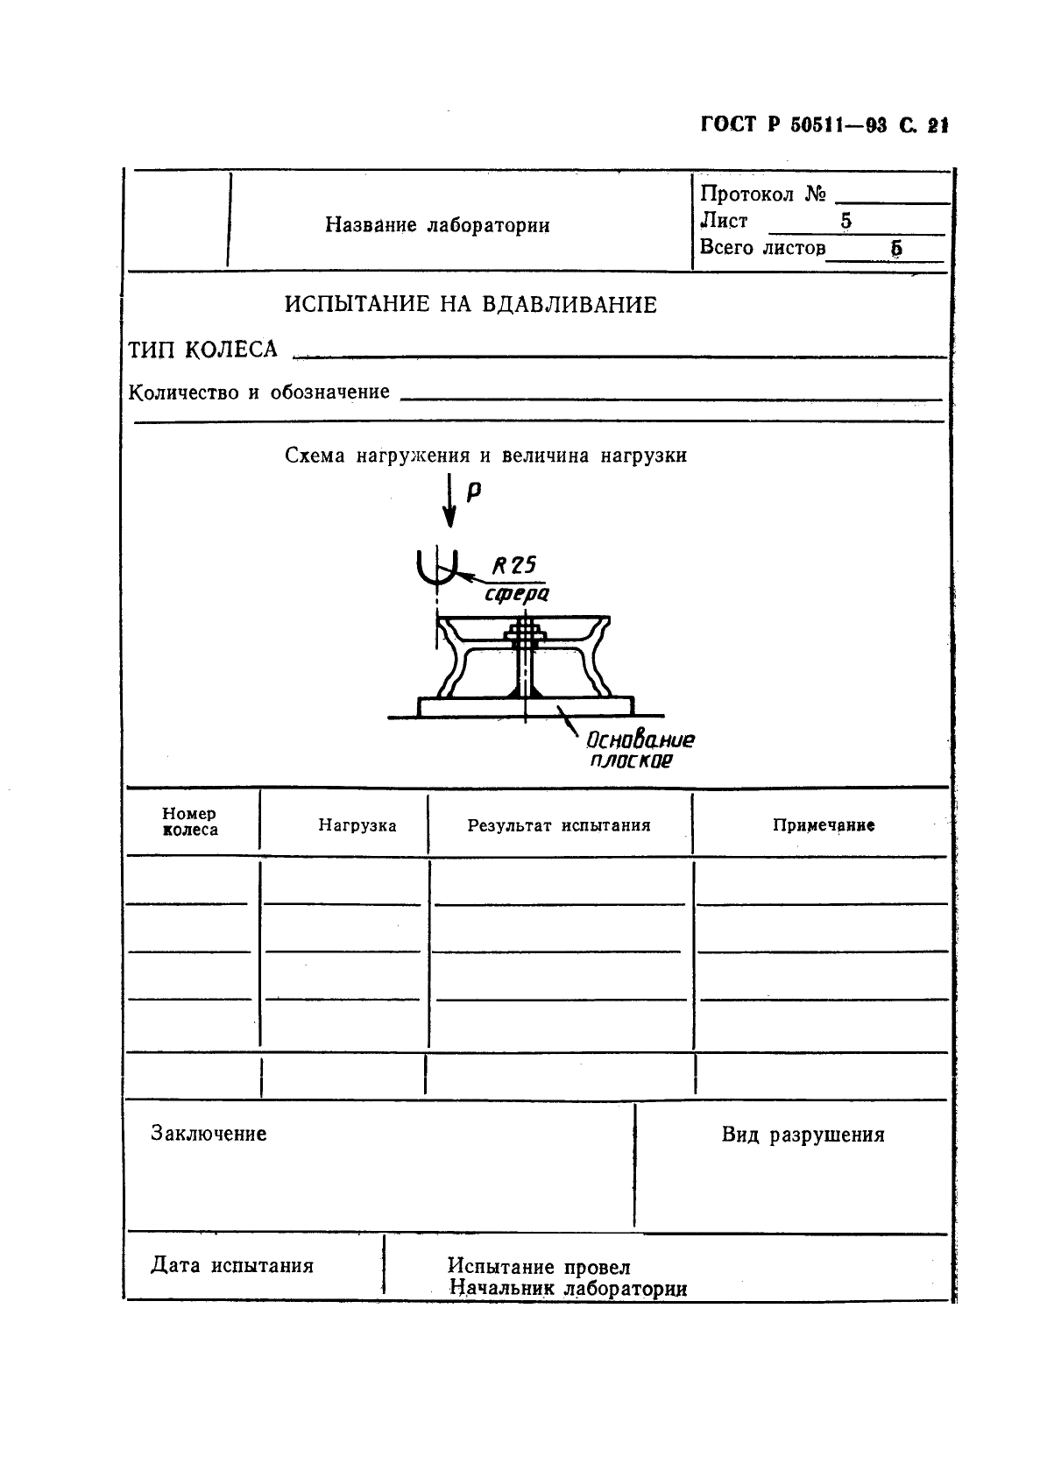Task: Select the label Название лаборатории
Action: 437,225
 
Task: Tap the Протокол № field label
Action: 762,194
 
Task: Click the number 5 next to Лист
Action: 845,222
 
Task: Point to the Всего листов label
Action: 762,248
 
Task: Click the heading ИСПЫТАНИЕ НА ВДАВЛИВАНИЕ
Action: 470,305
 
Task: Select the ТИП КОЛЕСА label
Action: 203,350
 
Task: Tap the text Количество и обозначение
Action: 259,392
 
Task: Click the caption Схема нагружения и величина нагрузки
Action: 485,456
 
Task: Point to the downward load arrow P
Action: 449,502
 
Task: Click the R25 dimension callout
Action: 513,566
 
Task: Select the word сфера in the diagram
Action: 517,594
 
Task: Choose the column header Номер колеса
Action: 190,822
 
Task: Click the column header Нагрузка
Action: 357,825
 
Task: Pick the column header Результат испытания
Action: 558,825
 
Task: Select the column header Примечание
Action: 823,825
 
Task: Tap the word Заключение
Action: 209,1134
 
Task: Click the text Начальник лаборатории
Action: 567,1289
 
